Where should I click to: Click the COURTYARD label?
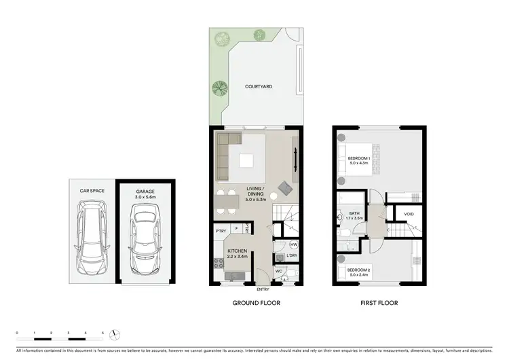tap(255, 87)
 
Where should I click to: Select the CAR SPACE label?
tap(92, 192)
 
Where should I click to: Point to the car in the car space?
tap(92, 238)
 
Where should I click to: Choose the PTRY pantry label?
tap(221, 230)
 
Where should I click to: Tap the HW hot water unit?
tap(294, 245)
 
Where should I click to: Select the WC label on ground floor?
tap(279, 271)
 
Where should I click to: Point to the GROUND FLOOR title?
tap(256, 303)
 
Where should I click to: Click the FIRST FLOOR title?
tap(379, 303)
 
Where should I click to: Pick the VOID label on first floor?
tap(409, 215)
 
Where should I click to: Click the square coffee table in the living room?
tap(246, 160)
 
